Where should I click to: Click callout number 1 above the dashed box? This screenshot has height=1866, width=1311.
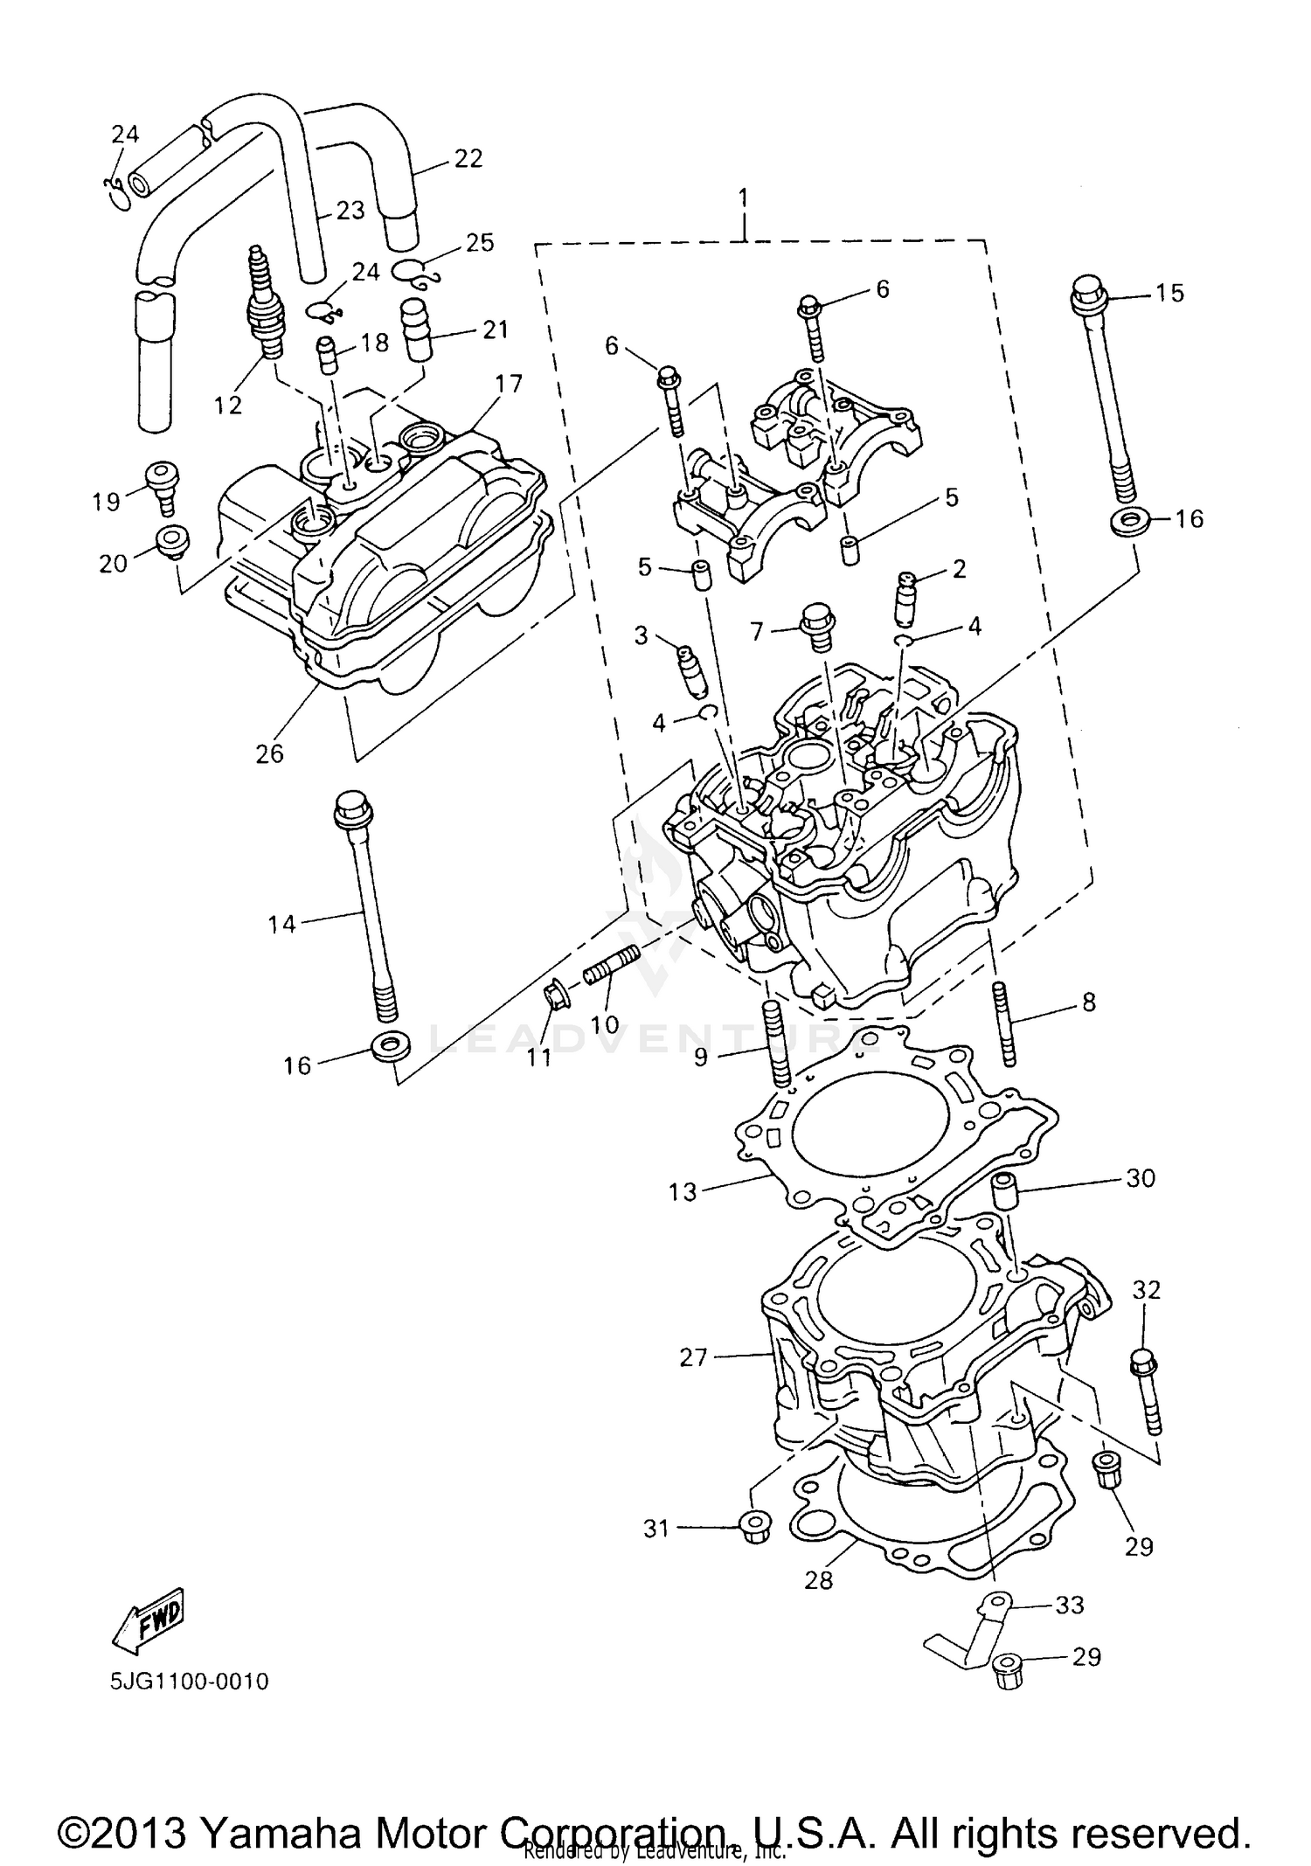point(743,198)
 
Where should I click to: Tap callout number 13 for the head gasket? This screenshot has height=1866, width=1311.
point(683,1191)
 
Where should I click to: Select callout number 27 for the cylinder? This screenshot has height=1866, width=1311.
point(692,1356)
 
